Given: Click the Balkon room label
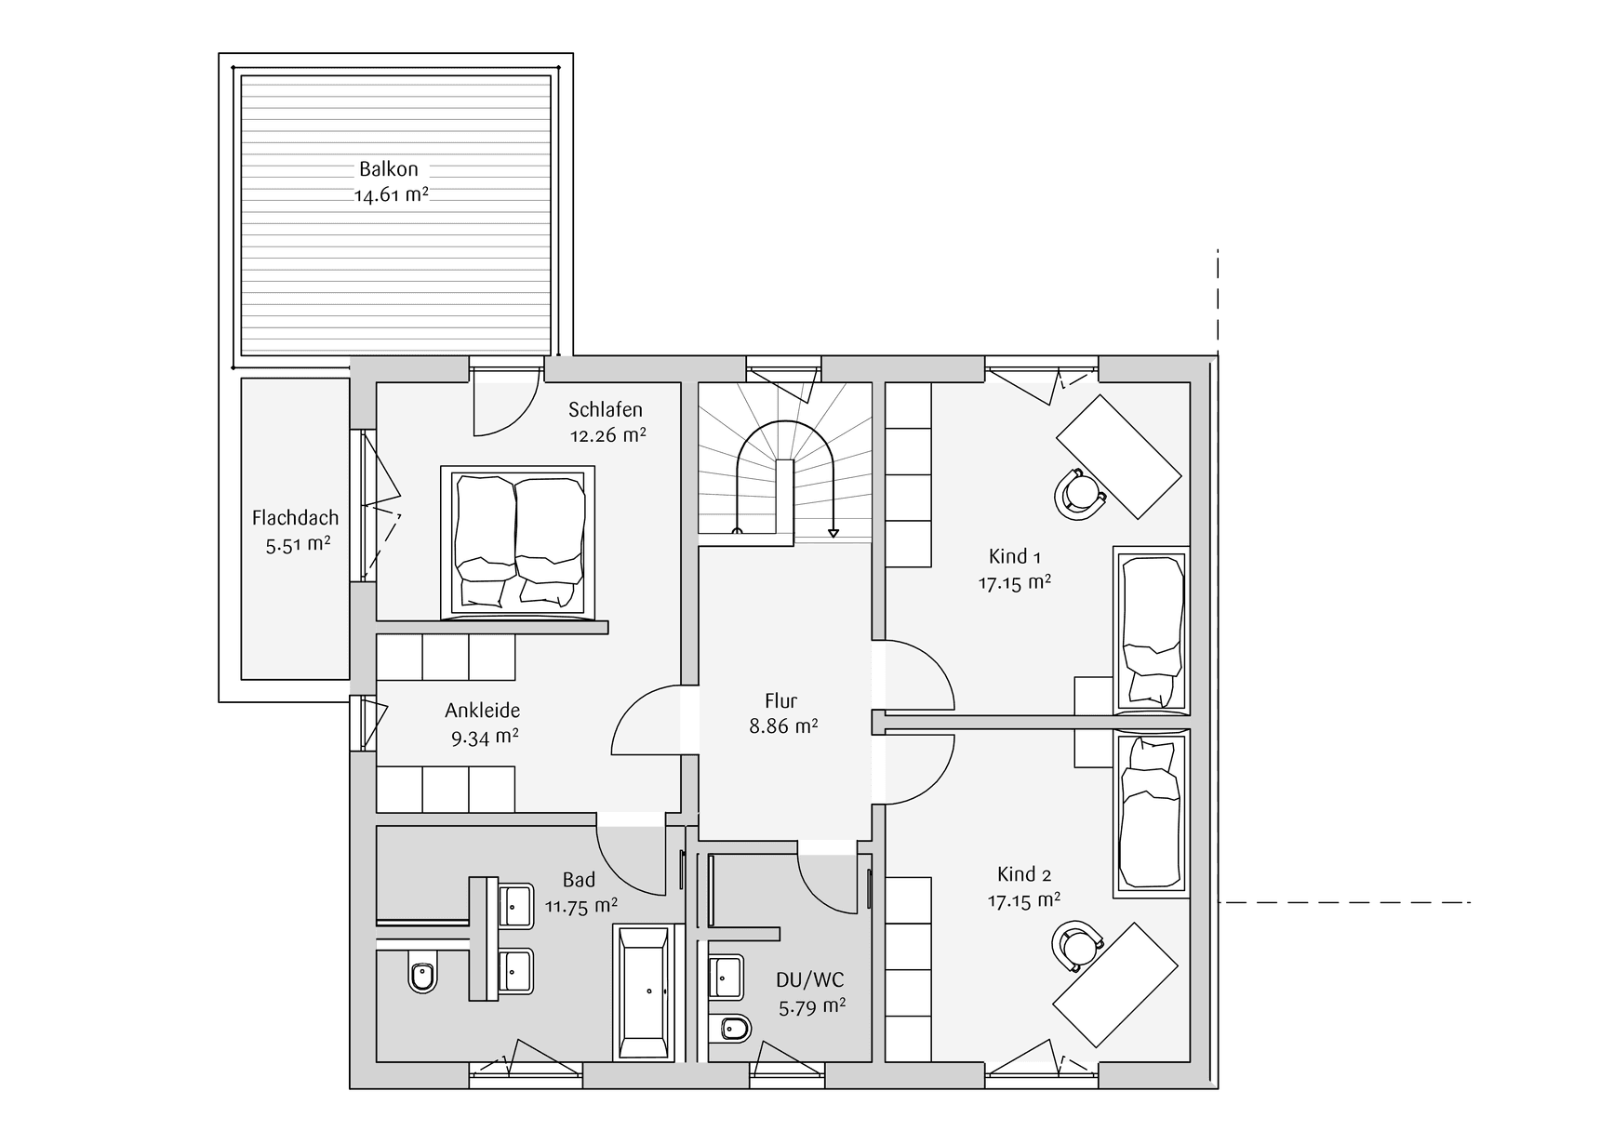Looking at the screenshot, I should coord(389,169).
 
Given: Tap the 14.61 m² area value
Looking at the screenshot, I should coord(391,195).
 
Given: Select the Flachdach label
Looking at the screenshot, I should coord(295,518).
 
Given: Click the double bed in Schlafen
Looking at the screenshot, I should coord(517,541).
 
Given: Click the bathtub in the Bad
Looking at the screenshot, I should coord(643,991).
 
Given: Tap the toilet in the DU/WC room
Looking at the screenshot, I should coord(733,1029).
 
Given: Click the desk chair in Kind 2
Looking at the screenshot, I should coord(1077,946).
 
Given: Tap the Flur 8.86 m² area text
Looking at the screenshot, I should coord(783,726).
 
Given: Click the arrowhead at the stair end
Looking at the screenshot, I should coord(833,533).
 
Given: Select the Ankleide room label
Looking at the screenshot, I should coord(482,711).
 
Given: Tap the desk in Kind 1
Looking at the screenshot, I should coord(1119,456).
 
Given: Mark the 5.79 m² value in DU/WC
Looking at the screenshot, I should coord(812,1006).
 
